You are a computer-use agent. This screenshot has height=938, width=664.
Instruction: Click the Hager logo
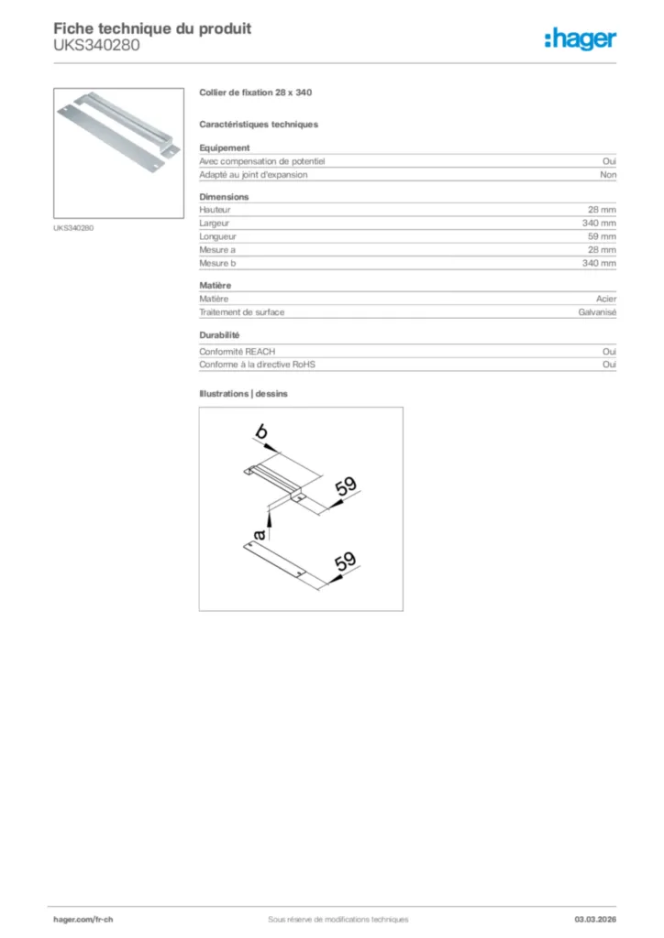(x=580, y=38)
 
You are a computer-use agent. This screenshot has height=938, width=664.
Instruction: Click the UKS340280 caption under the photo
(x=73, y=227)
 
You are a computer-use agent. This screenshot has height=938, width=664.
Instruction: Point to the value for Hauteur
(x=602, y=210)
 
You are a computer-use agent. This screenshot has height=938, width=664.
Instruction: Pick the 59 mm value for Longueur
(x=602, y=236)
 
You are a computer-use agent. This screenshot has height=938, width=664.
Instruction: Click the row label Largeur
(x=215, y=223)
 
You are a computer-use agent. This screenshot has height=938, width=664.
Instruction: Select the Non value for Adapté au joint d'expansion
(x=608, y=174)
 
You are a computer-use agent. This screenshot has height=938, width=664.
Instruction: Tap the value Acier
(x=606, y=299)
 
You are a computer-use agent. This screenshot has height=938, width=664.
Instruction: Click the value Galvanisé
(x=598, y=312)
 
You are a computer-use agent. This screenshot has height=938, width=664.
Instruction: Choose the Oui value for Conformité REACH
(x=609, y=351)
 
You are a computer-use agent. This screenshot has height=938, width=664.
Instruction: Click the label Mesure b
(x=217, y=263)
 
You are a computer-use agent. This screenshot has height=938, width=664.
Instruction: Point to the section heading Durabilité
(x=219, y=335)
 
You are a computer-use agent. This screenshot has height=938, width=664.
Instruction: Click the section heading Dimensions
(x=224, y=197)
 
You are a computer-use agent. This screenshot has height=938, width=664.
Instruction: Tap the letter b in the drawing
(x=261, y=431)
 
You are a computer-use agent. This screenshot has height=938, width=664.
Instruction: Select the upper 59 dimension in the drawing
(x=345, y=487)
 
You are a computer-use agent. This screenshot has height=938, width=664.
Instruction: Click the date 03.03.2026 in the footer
(x=595, y=919)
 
